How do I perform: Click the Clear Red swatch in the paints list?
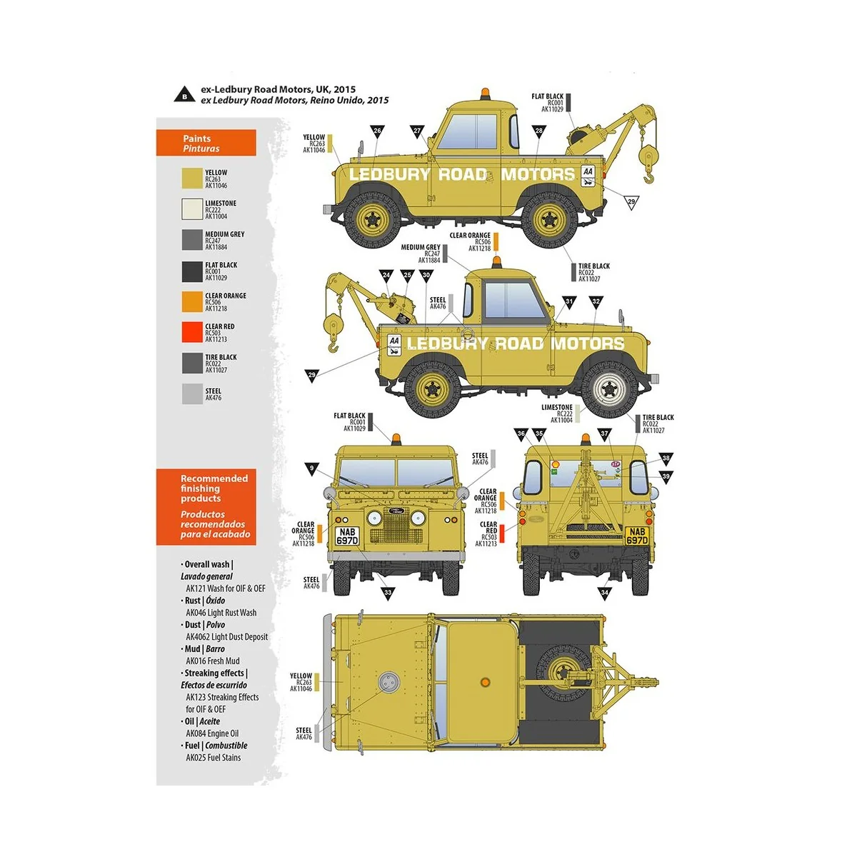point(192,333)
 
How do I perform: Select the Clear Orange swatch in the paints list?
point(192,302)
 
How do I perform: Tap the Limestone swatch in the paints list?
point(192,209)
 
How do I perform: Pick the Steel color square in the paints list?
point(192,394)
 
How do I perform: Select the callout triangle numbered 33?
point(388,592)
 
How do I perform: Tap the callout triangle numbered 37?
point(604,433)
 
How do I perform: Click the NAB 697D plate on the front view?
point(347,536)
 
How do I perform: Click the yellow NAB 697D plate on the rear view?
point(637,536)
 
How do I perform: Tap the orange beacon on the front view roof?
point(396,437)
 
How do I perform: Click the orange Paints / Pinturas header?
point(206,143)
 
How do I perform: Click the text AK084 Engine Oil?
point(212,733)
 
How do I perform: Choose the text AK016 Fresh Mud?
point(212,661)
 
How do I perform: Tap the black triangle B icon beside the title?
point(184,94)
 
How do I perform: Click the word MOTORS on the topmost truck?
point(538,174)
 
